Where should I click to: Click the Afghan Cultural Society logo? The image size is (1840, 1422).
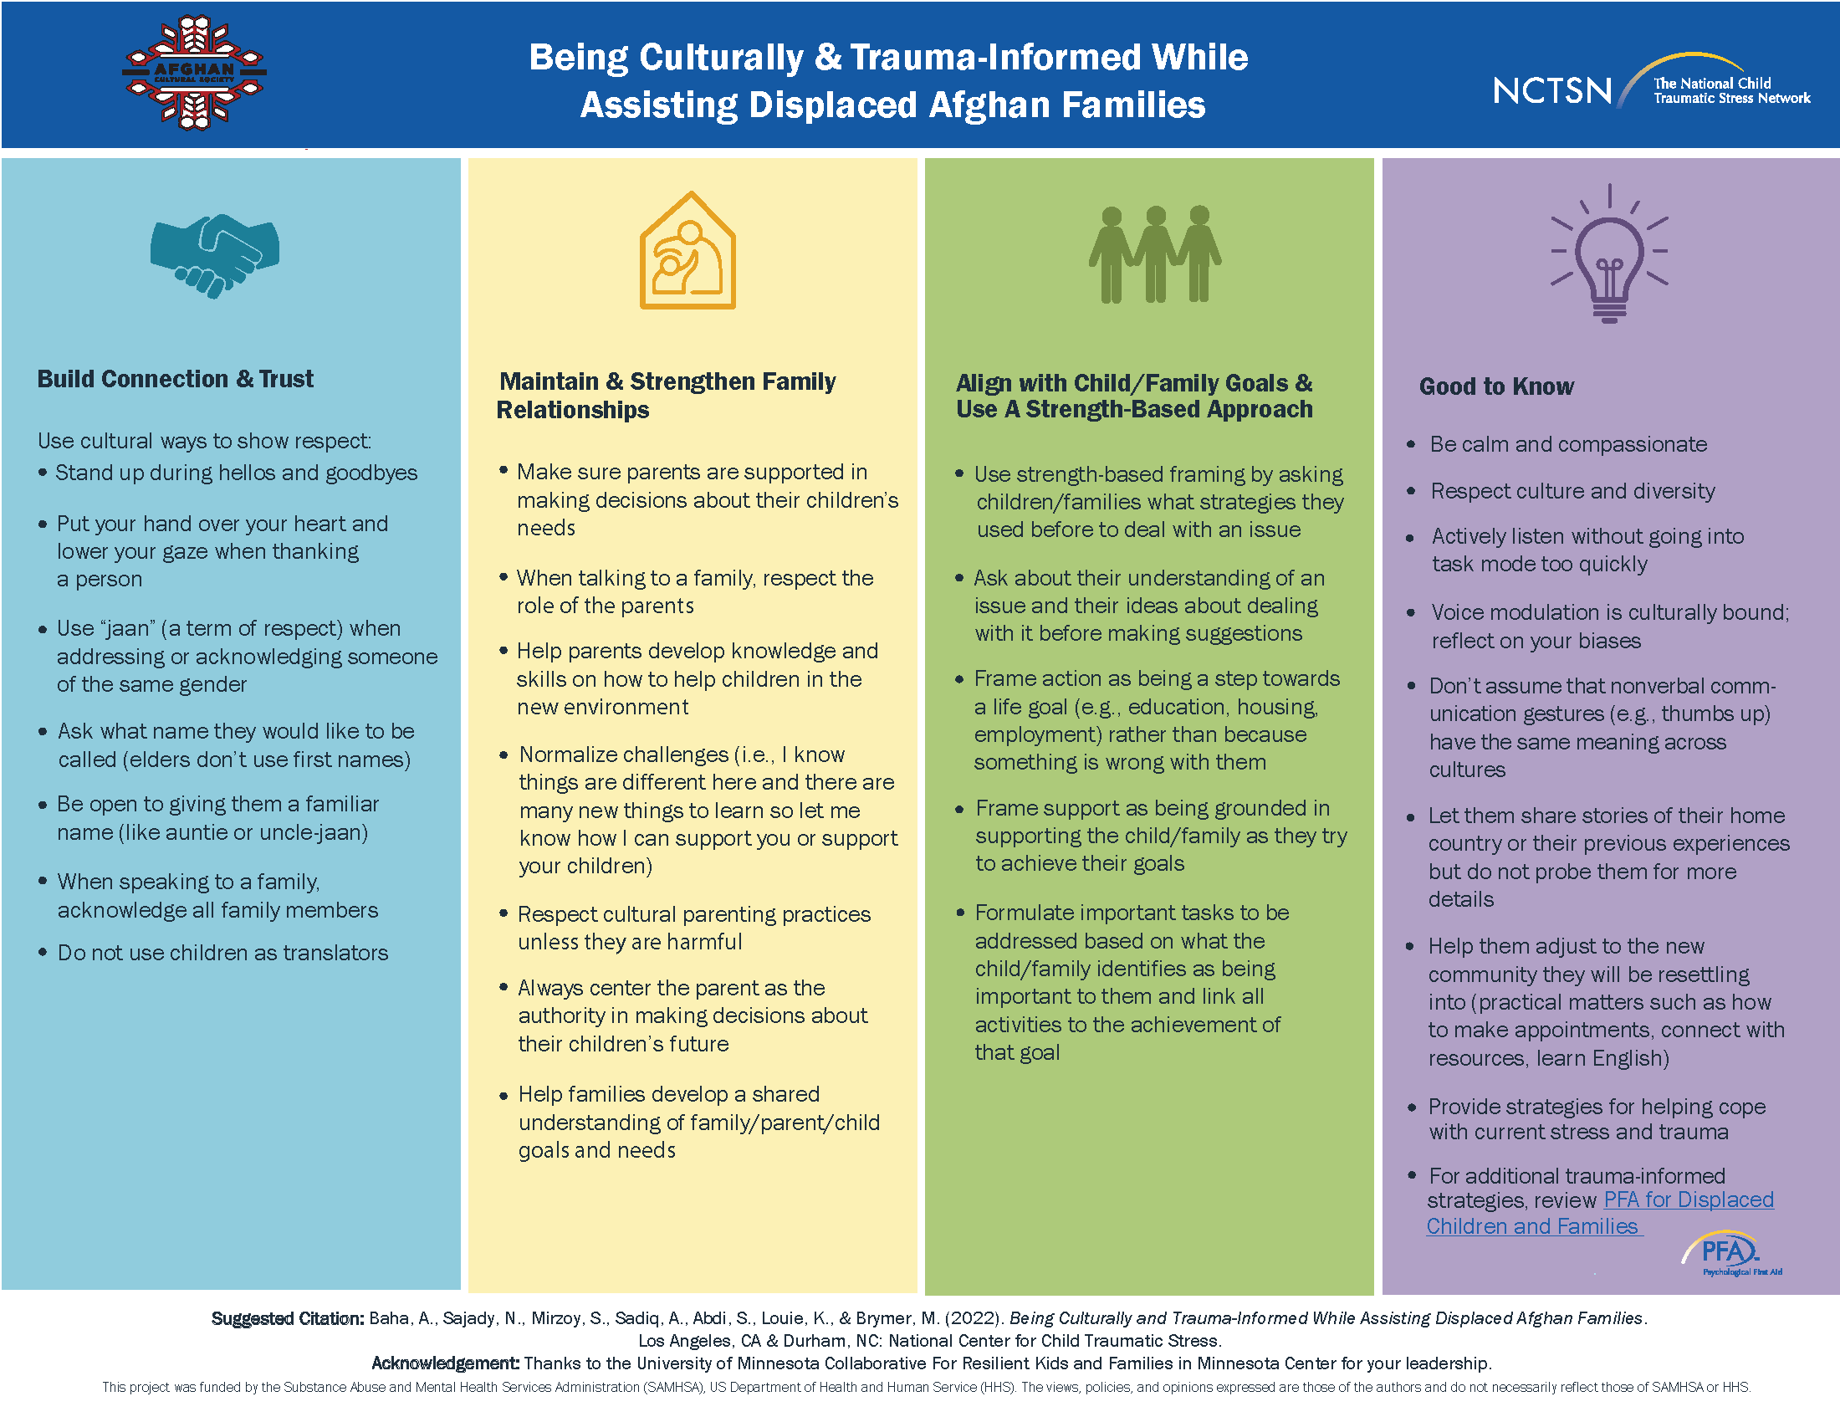pyautogui.click(x=195, y=74)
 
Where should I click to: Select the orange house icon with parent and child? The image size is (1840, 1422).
pyautogui.click(x=687, y=251)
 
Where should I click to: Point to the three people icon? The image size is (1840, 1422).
pyautogui.click(x=1154, y=254)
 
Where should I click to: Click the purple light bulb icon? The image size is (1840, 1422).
pyautogui.click(x=1609, y=253)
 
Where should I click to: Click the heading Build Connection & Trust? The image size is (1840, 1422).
pyautogui.click(x=176, y=379)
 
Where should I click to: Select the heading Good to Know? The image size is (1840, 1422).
pyautogui.click(x=1496, y=386)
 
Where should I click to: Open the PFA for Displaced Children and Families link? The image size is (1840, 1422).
pyautogui.click(x=1601, y=1213)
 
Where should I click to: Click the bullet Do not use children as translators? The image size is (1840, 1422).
pyautogui.click(x=222, y=953)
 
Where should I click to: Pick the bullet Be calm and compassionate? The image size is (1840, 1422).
pyautogui.click(x=1568, y=444)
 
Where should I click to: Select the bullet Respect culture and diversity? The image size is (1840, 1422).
pyautogui.click(x=1572, y=491)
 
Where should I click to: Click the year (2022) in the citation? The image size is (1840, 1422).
pyautogui.click(x=974, y=1317)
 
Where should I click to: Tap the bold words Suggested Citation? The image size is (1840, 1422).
pyautogui.click(x=287, y=1318)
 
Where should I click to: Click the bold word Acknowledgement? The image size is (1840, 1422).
pyautogui.click(x=446, y=1363)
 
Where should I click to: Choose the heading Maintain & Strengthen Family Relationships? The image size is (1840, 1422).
pyautogui.click(x=667, y=395)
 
